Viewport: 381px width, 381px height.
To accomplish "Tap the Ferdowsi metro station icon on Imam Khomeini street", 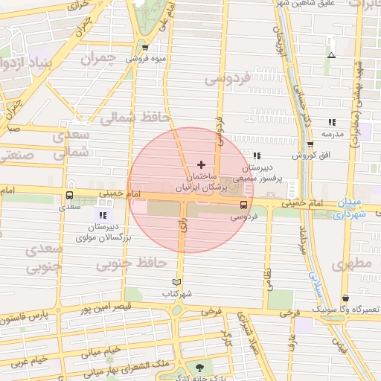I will tap(243, 205).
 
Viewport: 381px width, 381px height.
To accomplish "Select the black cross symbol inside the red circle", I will tap(201, 164).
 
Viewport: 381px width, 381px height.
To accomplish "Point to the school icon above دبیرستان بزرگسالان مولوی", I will tap(103, 215).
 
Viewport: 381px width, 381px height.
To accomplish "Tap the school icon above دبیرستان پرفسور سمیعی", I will tap(257, 156).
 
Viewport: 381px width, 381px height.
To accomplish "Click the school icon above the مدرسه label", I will tap(331, 122).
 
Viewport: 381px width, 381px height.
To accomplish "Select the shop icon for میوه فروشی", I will tap(146, 47).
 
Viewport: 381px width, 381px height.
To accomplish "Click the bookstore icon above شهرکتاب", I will tap(176, 282).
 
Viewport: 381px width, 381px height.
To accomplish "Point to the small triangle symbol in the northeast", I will tap(331, 55).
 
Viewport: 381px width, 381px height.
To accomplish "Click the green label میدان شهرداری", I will tap(350, 208).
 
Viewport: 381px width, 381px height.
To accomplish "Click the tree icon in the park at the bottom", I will tap(199, 367).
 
